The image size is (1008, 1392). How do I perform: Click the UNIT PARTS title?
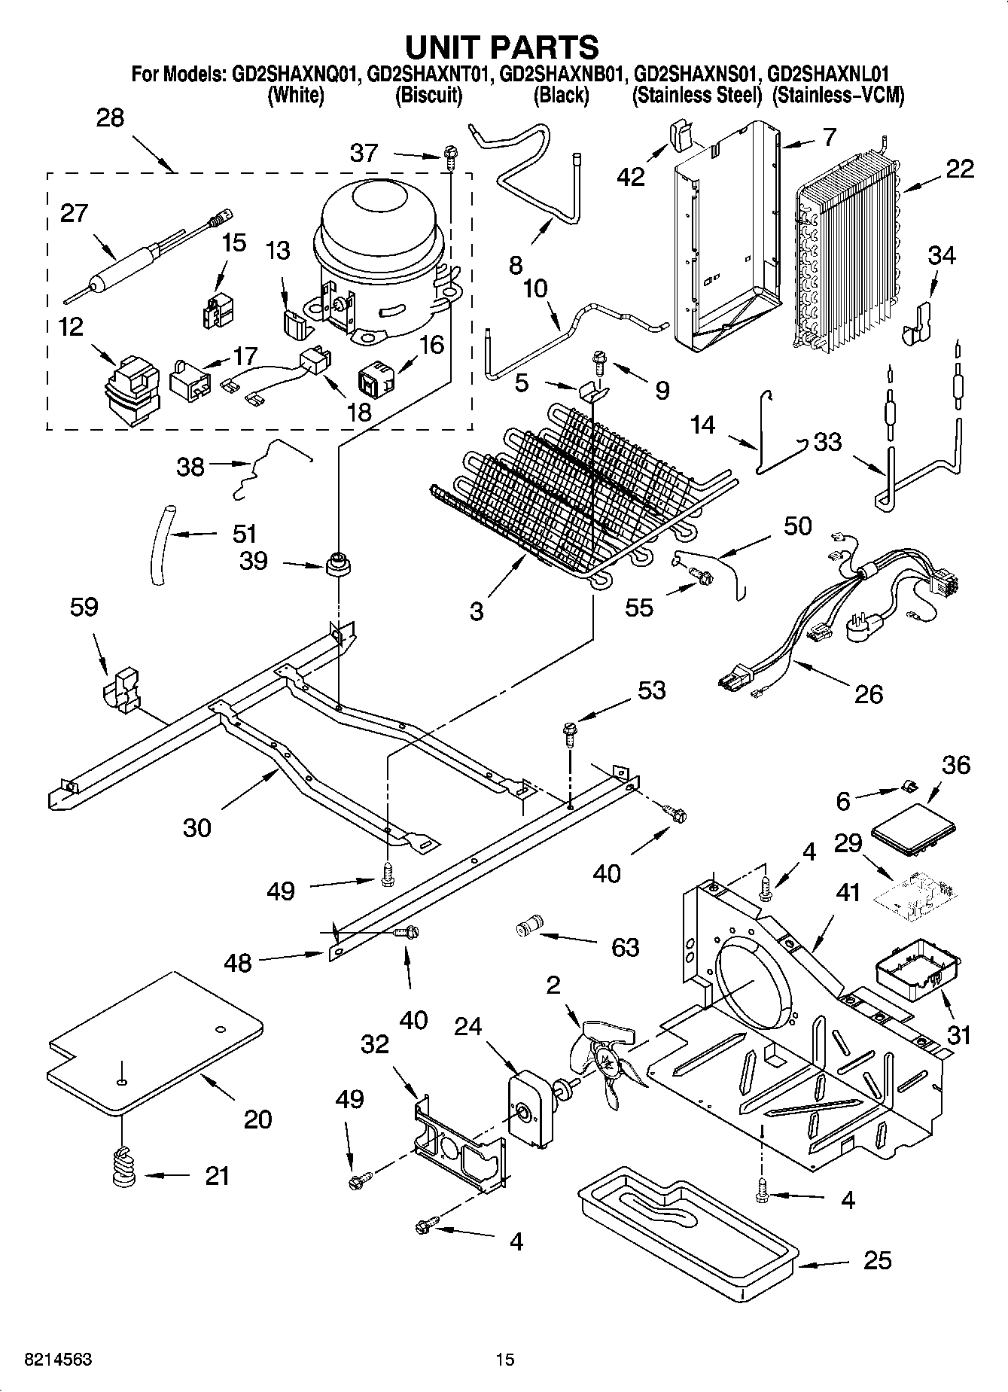pos(502,47)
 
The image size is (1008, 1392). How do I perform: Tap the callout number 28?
pos(110,118)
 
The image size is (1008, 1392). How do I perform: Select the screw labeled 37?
pos(449,157)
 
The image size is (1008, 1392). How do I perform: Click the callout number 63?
pos(625,946)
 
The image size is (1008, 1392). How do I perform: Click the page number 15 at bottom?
pos(504,1359)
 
